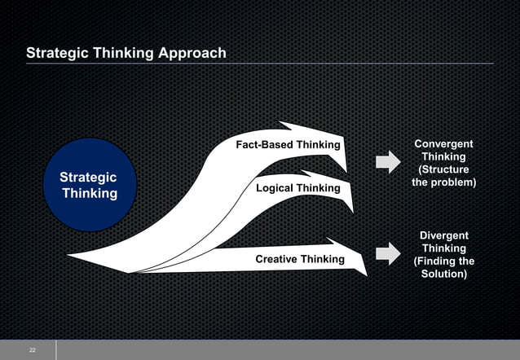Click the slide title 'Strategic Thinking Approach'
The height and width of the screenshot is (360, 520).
click(126, 54)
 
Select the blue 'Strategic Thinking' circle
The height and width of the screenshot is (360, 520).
click(89, 185)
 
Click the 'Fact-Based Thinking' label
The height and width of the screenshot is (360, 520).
click(288, 145)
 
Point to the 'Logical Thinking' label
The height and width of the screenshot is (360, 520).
click(297, 188)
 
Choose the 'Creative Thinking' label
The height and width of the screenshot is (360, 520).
click(300, 259)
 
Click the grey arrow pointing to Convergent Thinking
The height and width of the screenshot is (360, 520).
click(387, 162)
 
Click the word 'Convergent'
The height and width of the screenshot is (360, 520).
click(443, 144)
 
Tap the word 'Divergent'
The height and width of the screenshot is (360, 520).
click(443, 235)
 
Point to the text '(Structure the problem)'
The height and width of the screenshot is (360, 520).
click(443, 176)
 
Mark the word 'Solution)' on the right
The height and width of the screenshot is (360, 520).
click(443, 274)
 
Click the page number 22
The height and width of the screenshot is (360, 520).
click(32, 349)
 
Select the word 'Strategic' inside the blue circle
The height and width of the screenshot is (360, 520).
click(88, 177)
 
